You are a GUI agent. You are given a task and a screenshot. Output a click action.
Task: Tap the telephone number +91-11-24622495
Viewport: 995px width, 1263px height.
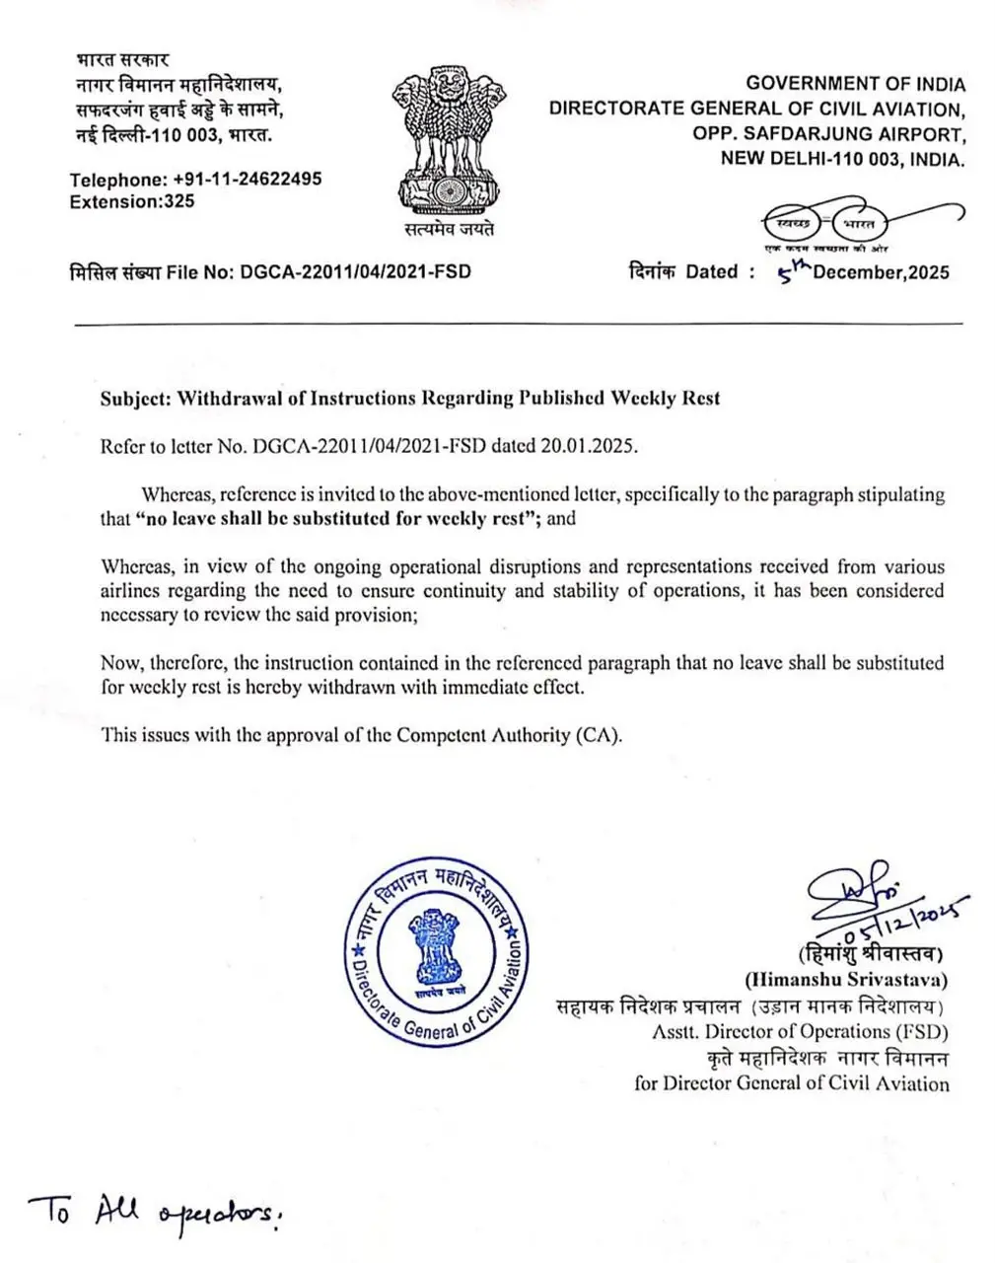point(247,180)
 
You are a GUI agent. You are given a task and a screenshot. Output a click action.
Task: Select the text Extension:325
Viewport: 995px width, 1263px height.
point(132,201)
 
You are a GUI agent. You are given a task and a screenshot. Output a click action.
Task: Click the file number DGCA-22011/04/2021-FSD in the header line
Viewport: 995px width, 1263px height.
point(356,271)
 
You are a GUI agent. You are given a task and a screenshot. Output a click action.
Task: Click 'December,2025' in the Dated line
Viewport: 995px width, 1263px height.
point(881,272)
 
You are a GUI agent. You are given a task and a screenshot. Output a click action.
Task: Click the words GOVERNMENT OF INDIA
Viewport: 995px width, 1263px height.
point(855,85)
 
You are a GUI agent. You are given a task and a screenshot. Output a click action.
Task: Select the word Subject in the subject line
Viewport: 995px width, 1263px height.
point(135,399)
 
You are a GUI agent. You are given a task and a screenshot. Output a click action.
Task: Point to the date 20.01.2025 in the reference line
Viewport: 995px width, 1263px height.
point(588,446)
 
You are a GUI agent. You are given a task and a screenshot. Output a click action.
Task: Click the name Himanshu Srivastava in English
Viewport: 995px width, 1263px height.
point(846,980)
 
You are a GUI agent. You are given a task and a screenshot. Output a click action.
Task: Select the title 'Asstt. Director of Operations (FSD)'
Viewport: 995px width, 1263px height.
point(800,1032)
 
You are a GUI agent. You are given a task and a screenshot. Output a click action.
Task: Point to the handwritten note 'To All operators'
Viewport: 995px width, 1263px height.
point(153,1212)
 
